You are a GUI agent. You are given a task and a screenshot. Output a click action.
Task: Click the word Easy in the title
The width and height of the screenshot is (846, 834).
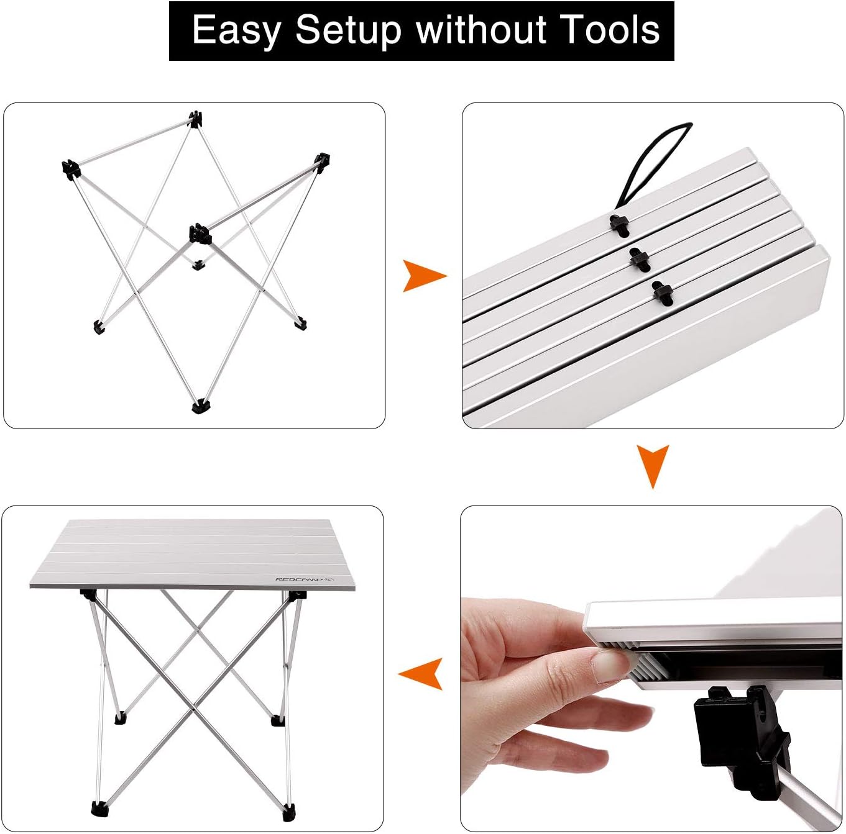[235, 30]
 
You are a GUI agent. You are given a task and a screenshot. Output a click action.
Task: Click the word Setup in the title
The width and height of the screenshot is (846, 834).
[347, 30]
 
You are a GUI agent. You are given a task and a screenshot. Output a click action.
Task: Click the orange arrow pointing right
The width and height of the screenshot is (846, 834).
[423, 276]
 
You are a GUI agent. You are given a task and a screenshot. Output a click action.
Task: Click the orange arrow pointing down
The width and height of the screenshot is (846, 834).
[653, 464]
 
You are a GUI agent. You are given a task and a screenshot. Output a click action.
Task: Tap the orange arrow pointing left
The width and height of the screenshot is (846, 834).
[422, 673]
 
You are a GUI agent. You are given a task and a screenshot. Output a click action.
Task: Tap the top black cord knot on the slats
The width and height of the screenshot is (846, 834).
[619, 224]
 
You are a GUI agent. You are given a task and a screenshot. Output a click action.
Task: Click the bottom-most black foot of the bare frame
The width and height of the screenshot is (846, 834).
[201, 407]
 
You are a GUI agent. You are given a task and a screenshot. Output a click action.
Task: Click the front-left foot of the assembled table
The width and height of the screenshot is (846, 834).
[99, 808]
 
